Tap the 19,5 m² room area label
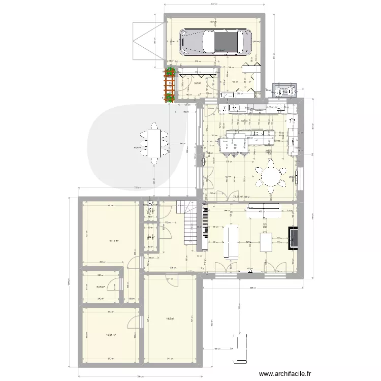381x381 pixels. click(169, 319)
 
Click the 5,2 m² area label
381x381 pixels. click(197, 83)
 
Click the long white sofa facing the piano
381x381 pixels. click(231, 241)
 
